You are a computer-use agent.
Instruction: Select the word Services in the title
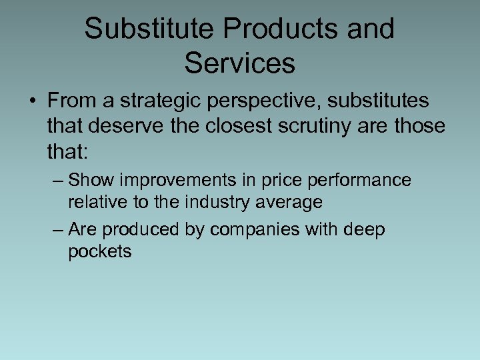pyautogui.click(x=239, y=63)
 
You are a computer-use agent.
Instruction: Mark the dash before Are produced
pyautogui.click(x=58, y=230)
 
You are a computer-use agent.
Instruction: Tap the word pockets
pyautogui.click(x=100, y=251)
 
